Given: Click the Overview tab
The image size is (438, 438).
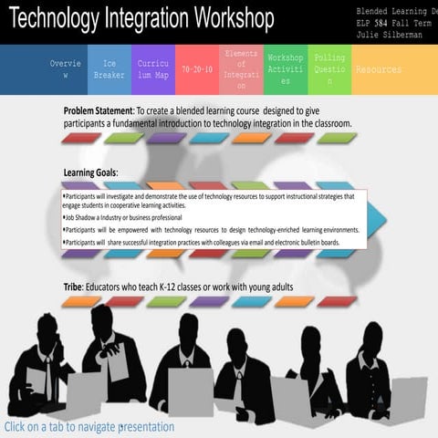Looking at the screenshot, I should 66,69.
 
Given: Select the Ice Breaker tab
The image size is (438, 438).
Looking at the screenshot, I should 109,69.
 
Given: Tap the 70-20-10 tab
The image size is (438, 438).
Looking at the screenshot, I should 196,69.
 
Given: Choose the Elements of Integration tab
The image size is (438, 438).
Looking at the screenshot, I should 241,69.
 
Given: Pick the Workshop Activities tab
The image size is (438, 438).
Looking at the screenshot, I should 285,69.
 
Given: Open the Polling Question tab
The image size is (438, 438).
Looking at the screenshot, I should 329,69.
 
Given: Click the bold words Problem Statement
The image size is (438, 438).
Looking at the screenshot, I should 98,110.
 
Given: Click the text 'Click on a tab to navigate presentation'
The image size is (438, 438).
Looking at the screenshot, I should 89,426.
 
